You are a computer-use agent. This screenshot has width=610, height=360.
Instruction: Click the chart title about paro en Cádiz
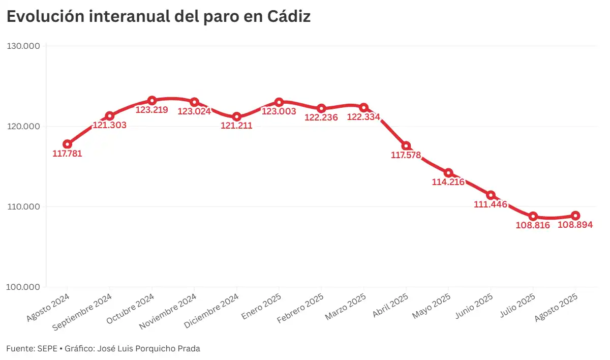158,16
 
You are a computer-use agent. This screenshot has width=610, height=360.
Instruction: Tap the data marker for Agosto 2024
67,144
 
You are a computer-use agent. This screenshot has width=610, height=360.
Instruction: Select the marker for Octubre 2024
152,101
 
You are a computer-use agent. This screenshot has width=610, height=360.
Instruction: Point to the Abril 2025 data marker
406,146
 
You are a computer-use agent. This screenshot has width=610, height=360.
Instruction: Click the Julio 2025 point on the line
533,216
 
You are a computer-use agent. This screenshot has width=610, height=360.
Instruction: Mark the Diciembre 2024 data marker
236,116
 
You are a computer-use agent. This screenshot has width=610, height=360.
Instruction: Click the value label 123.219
151,110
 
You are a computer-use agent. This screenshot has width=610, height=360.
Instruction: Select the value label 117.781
67,154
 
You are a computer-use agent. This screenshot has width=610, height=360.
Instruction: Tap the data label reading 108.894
575,225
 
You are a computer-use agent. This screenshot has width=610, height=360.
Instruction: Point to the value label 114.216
448,182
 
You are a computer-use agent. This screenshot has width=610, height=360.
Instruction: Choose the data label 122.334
363,117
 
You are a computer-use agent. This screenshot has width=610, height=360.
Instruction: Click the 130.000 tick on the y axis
24,46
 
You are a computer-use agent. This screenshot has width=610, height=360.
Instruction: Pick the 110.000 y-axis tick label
24,207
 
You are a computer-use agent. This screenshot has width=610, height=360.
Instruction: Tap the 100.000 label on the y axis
24,287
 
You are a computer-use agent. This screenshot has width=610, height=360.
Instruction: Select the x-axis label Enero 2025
261,306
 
